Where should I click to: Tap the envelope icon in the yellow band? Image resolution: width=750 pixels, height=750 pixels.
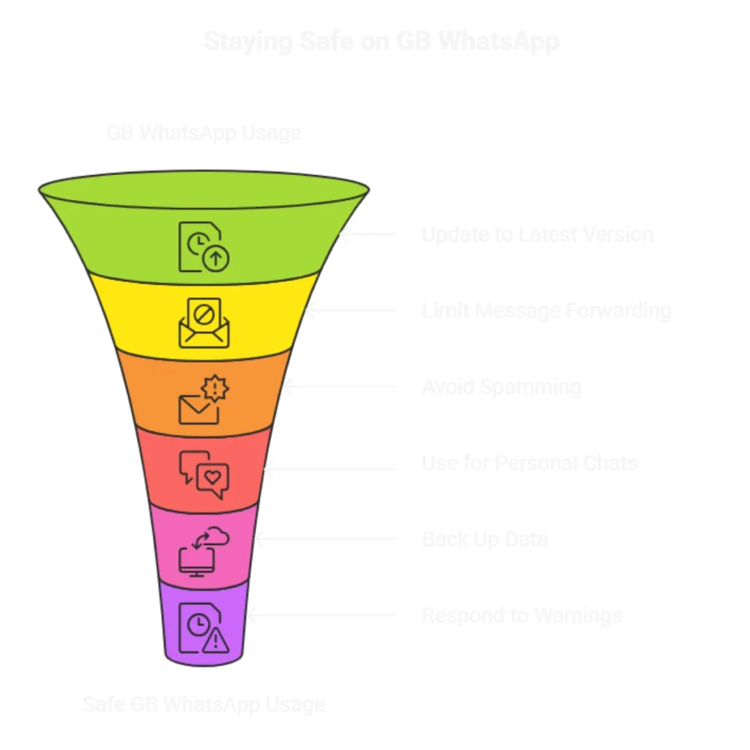coord(204,322)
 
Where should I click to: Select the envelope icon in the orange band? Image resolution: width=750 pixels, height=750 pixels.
coord(201,399)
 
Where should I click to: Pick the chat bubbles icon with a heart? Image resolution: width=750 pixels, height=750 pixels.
coord(204,475)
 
